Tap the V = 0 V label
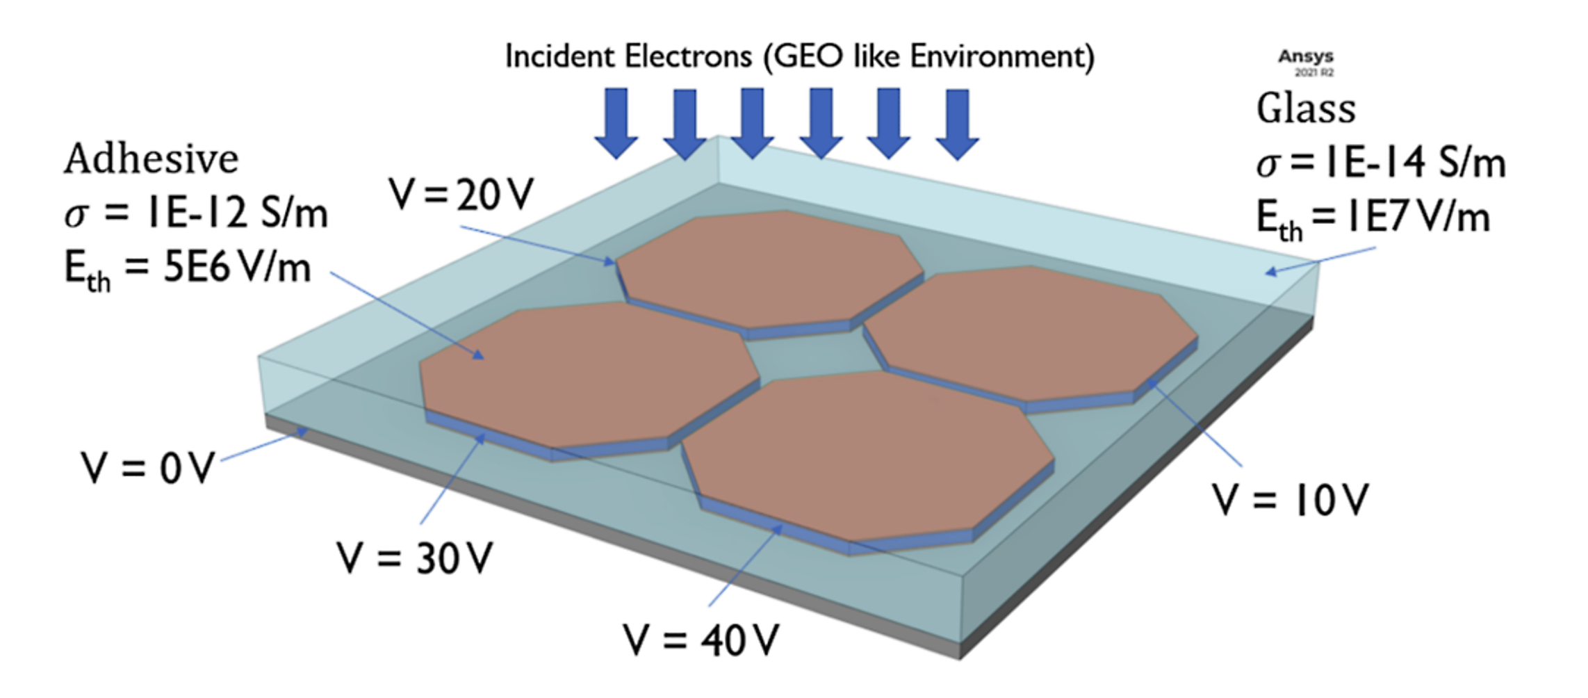pyautogui.click(x=147, y=468)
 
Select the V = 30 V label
pyautogui.click(x=414, y=558)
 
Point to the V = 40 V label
pyautogui.click(x=701, y=640)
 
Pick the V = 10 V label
pyautogui.click(x=1290, y=500)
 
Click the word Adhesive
pyautogui.click(x=152, y=159)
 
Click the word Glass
pyautogui.click(x=1305, y=109)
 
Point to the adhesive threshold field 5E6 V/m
pyautogui.click(x=236, y=268)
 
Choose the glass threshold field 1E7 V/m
pyautogui.click(x=1418, y=217)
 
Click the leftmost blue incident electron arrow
pyautogui.click(x=616, y=122)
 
